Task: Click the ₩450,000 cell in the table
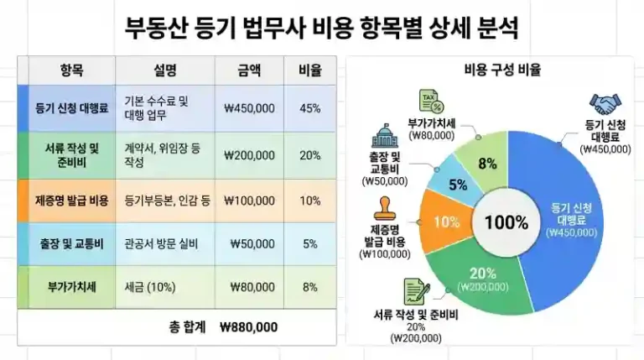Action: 250,108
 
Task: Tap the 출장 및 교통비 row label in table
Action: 70,244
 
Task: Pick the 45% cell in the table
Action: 309,108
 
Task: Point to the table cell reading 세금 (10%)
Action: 149,287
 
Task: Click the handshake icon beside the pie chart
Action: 605,104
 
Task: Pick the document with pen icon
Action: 414,291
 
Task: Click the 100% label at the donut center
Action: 506,222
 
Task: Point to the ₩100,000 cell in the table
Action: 250,201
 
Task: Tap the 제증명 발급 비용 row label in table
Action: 72,201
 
